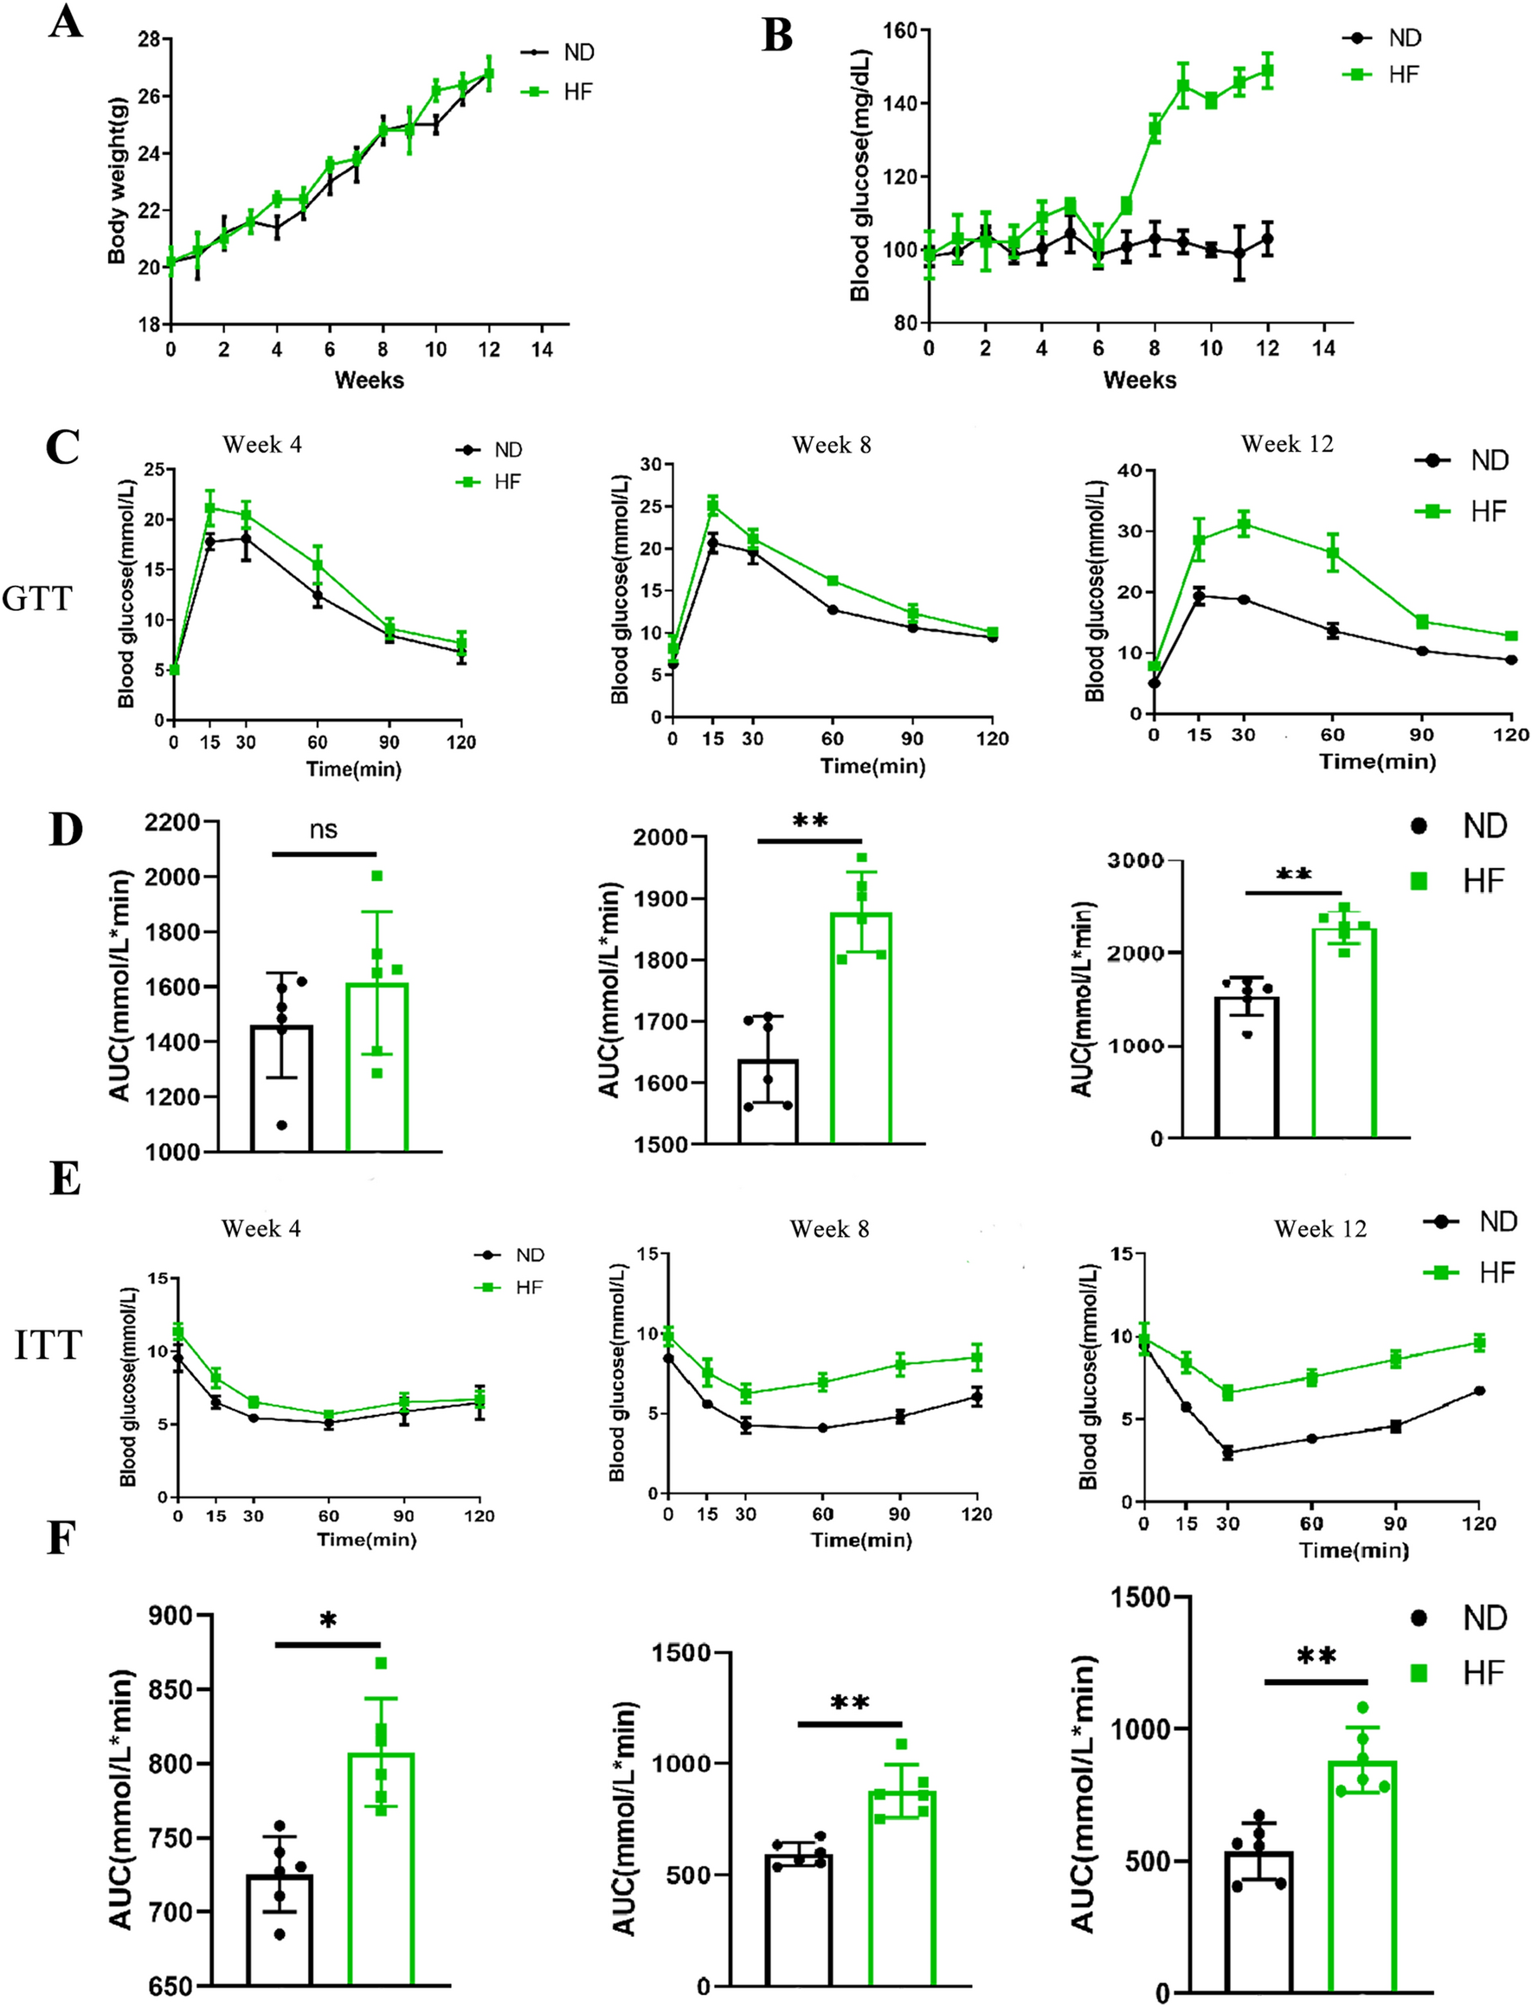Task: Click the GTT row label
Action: click(x=36, y=599)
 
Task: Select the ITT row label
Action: click(x=48, y=1346)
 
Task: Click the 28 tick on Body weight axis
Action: click(x=149, y=39)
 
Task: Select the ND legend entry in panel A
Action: click(x=558, y=52)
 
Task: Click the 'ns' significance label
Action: click(x=323, y=829)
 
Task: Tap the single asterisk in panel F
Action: click(x=327, y=1620)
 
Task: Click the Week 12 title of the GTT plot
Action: click(x=1287, y=444)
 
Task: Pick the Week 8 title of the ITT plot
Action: click(x=829, y=1229)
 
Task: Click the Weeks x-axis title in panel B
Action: click(x=1139, y=379)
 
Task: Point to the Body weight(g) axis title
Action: click(x=117, y=181)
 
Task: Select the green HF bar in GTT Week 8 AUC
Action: click(x=860, y=1031)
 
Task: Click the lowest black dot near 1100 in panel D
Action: click(x=282, y=1125)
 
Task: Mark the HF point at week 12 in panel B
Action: click(x=1266, y=70)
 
